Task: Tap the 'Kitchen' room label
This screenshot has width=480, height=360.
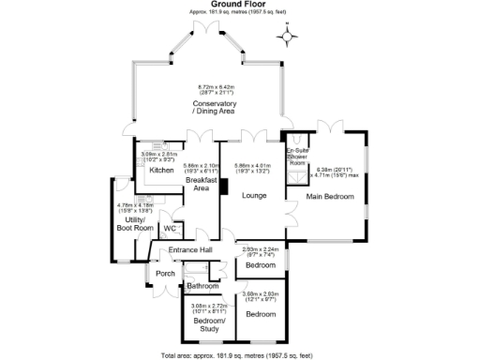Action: pos(160,171)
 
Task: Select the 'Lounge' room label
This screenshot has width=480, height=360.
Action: pos(253,195)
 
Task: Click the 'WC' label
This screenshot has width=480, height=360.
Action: pos(170,228)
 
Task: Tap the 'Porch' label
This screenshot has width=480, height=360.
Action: pos(165,274)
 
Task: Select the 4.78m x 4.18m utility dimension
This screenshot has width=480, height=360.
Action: pos(135,208)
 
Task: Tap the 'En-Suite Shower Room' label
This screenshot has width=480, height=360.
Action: pos(297,157)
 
